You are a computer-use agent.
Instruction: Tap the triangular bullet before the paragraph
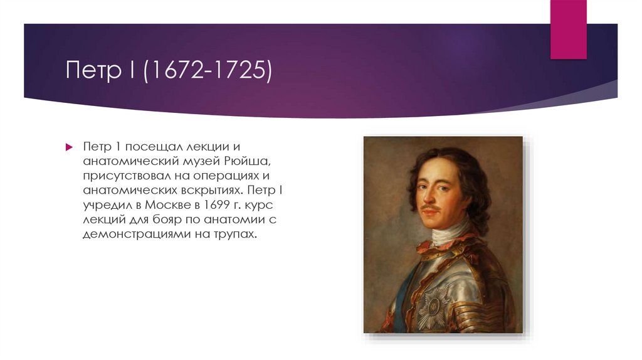tap(70, 146)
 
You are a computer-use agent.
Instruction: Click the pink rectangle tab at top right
tap(568, 28)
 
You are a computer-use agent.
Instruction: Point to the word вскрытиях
tap(210, 189)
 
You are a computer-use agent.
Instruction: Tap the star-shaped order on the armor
tap(432, 307)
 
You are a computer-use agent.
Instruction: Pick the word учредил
tap(103, 204)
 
